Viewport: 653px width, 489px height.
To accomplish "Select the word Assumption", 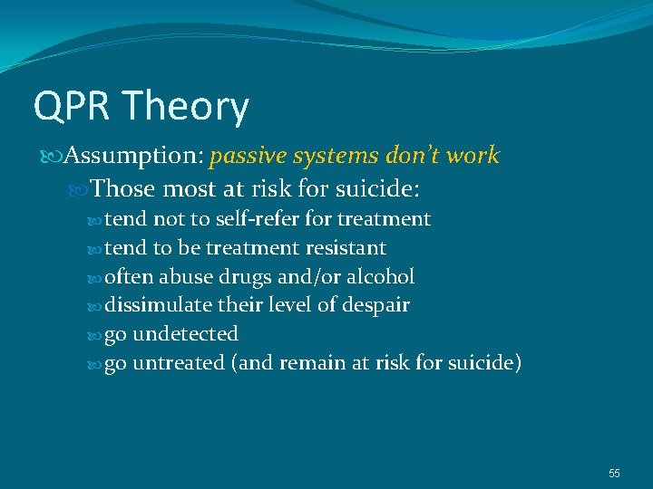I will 128,156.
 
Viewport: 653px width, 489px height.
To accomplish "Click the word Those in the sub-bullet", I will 123,188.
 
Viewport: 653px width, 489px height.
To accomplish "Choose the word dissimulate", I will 156,305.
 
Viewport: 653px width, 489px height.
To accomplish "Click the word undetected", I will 186,334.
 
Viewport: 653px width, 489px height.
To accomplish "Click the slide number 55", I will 614,474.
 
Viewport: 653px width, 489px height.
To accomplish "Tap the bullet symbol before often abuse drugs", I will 97,277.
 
